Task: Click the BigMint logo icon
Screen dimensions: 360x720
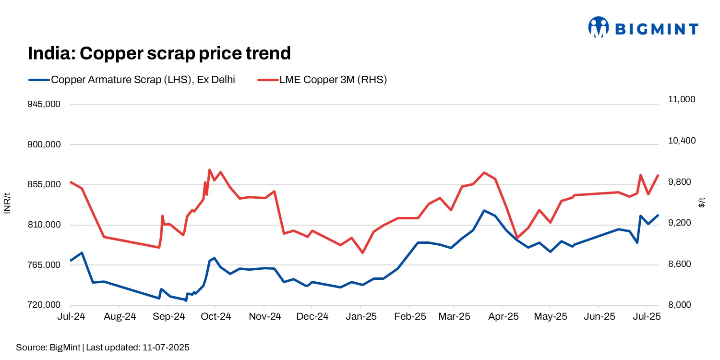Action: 599,27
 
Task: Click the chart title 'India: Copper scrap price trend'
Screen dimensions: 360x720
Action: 159,53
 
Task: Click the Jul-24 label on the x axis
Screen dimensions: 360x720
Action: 71,317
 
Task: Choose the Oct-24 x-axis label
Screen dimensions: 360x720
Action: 216,317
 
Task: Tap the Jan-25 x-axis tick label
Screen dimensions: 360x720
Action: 361,317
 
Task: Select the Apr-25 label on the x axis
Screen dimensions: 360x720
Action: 503,317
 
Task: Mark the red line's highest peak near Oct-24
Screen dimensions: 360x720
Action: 209,169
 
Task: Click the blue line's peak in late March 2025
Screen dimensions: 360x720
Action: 484,210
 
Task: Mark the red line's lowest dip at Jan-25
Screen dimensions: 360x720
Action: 363,253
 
